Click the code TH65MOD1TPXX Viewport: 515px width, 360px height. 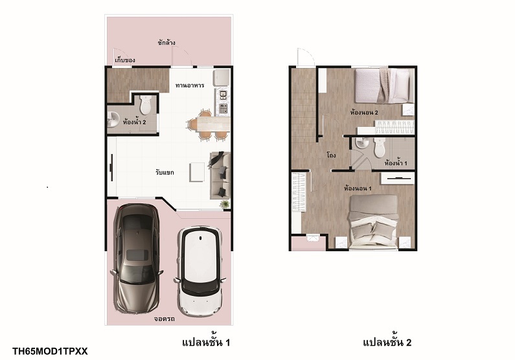[x=50, y=352]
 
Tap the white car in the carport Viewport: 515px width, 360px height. [x=200, y=271]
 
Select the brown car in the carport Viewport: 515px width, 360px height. [x=137, y=258]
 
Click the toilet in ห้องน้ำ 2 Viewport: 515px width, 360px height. [x=145, y=105]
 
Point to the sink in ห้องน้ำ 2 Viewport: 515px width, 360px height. [x=112, y=119]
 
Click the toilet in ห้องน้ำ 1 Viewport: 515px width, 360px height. [x=380, y=147]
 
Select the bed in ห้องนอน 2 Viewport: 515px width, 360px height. [x=384, y=85]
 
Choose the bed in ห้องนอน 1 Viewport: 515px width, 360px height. [x=373, y=222]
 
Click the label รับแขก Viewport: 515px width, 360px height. [x=165, y=172]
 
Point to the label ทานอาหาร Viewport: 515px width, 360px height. [x=190, y=85]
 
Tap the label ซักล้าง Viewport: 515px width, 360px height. [x=166, y=43]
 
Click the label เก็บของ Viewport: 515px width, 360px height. [x=125, y=60]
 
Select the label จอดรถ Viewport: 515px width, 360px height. [x=165, y=319]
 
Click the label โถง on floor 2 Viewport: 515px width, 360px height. [x=331, y=155]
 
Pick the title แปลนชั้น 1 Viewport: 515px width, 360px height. [x=206, y=343]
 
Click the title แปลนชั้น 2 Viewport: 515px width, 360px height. [x=387, y=343]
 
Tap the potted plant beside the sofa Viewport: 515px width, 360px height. [x=225, y=204]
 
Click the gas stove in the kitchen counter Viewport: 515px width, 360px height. [x=223, y=107]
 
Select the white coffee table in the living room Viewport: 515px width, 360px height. [x=197, y=172]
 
